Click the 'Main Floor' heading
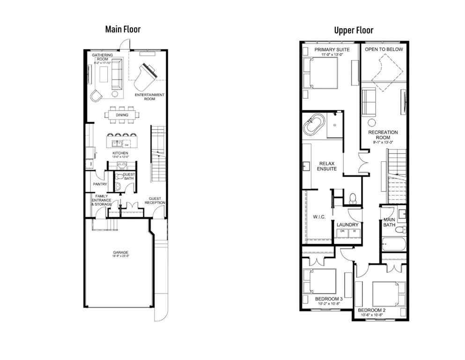point(122,29)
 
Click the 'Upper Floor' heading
point(354,30)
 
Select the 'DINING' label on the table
point(122,115)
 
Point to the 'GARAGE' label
point(121,252)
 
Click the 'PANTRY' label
point(100,184)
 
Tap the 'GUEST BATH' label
point(129,176)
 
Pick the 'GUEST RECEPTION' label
point(155,201)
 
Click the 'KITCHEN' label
point(120,153)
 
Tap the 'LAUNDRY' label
point(347,225)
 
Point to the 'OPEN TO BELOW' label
point(384,49)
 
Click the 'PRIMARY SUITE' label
point(329,49)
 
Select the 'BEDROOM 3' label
point(329,299)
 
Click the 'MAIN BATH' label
point(390,222)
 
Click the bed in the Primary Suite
point(321,73)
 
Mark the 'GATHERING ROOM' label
point(103,57)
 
